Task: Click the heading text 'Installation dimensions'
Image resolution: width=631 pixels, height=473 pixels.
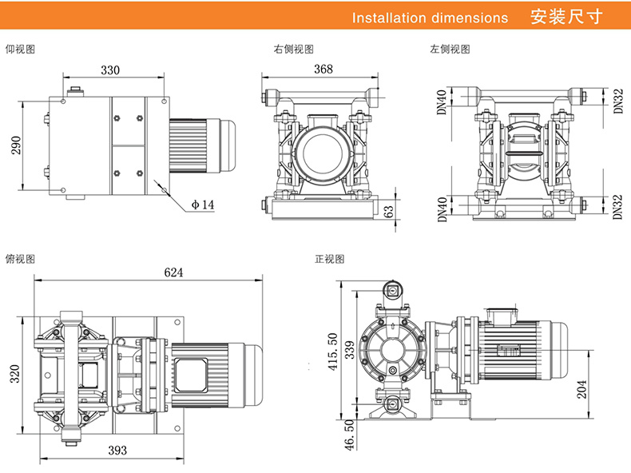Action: tap(430, 18)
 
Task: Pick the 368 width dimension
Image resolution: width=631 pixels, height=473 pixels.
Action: tap(323, 70)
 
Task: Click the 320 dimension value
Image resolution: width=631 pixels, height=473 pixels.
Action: tap(14, 374)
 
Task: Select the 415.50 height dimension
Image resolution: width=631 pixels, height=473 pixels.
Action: tap(333, 351)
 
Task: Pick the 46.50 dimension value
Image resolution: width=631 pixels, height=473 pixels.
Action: tap(333, 435)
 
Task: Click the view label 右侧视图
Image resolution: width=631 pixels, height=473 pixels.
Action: tap(293, 50)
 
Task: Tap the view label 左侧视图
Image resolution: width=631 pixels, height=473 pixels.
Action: tap(450, 50)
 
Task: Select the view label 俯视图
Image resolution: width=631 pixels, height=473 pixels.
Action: tap(21, 259)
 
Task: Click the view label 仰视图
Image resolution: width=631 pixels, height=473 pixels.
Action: tap(21, 50)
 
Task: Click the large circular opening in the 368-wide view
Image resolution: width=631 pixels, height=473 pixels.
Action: tap(322, 152)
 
